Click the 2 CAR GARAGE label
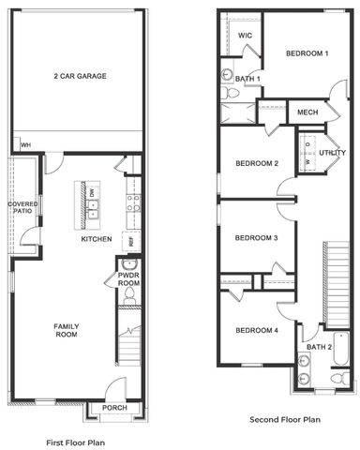coord(79,77)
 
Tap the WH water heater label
coord(26,145)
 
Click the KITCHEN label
coord(97,240)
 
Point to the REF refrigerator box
coord(132,241)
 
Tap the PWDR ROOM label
coord(128,279)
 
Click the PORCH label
coord(114,408)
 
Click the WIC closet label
coord(245,36)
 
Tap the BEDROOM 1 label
coord(307,53)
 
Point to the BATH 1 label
coord(247,78)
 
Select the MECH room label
coord(307,112)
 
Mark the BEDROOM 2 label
coord(257,164)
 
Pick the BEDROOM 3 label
coord(257,238)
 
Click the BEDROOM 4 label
coord(257,330)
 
